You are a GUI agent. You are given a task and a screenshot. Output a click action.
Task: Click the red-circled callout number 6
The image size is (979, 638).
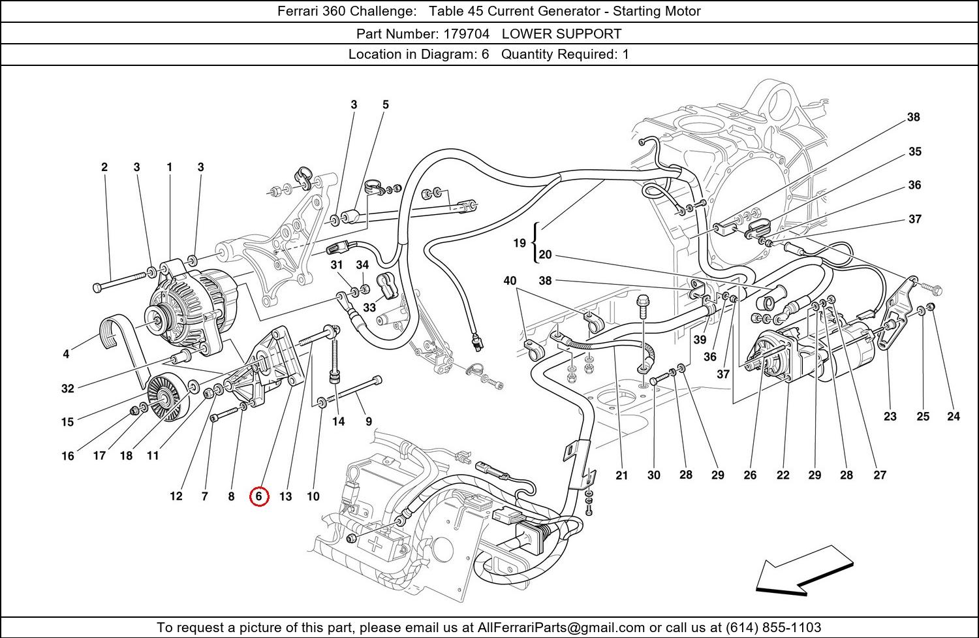click(x=259, y=496)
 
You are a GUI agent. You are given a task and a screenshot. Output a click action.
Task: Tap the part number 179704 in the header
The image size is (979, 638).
click(x=466, y=33)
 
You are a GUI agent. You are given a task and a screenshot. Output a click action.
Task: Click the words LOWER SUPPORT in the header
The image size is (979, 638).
click(x=561, y=33)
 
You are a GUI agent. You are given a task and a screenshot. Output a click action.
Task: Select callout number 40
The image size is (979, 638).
click(x=510, y=281)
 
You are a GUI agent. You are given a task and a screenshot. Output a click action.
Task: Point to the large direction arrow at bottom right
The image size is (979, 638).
click(x=805, y=570)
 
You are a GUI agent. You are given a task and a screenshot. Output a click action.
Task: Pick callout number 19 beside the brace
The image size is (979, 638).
click(x=520, y=243)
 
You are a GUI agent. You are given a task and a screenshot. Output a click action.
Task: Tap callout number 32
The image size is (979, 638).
click(x=67, y=389)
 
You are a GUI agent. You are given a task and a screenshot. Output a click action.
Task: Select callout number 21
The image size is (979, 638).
click(x=621, y=475)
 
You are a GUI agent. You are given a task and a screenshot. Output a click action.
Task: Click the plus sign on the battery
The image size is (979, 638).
click(x=375, y=543)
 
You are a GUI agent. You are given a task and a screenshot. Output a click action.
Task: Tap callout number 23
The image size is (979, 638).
click(x=890, y=416)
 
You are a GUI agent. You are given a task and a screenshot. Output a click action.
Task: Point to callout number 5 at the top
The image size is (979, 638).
click(x=386, y=104)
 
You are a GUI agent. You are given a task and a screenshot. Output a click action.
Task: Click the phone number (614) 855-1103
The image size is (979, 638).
click(x=773, y=628)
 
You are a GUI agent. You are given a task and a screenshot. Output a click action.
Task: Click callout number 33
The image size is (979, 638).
click(x=369, y=307)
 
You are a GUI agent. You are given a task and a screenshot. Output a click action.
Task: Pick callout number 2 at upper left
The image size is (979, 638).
click(x=104, y=167)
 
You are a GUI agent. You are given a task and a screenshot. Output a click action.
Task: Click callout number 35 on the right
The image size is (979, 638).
click(x=915, y=152)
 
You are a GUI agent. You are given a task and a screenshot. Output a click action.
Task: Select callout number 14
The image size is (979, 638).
click(x=338, y=421)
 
